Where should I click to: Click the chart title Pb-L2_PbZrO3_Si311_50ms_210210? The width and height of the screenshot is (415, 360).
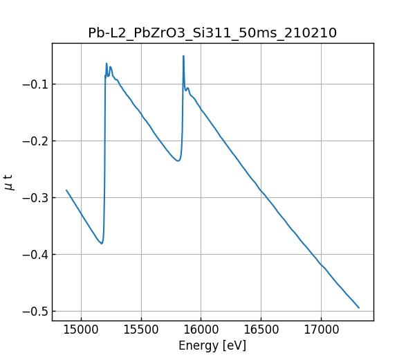click(212, 33)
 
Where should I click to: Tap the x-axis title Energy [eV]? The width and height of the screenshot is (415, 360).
click(212, 345)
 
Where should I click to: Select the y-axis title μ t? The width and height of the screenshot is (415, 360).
click(9, 182)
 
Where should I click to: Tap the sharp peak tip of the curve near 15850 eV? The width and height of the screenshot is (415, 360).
click(183, 56)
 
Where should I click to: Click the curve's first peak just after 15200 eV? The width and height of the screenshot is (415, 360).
click(107, 64)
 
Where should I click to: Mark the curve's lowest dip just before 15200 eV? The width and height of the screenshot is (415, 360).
click(102, 244)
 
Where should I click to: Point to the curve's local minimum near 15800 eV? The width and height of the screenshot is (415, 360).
click(178, 161)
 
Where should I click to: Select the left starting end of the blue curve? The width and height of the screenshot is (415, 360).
click(66, 190)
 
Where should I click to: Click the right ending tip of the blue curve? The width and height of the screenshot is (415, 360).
click(359, 307)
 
